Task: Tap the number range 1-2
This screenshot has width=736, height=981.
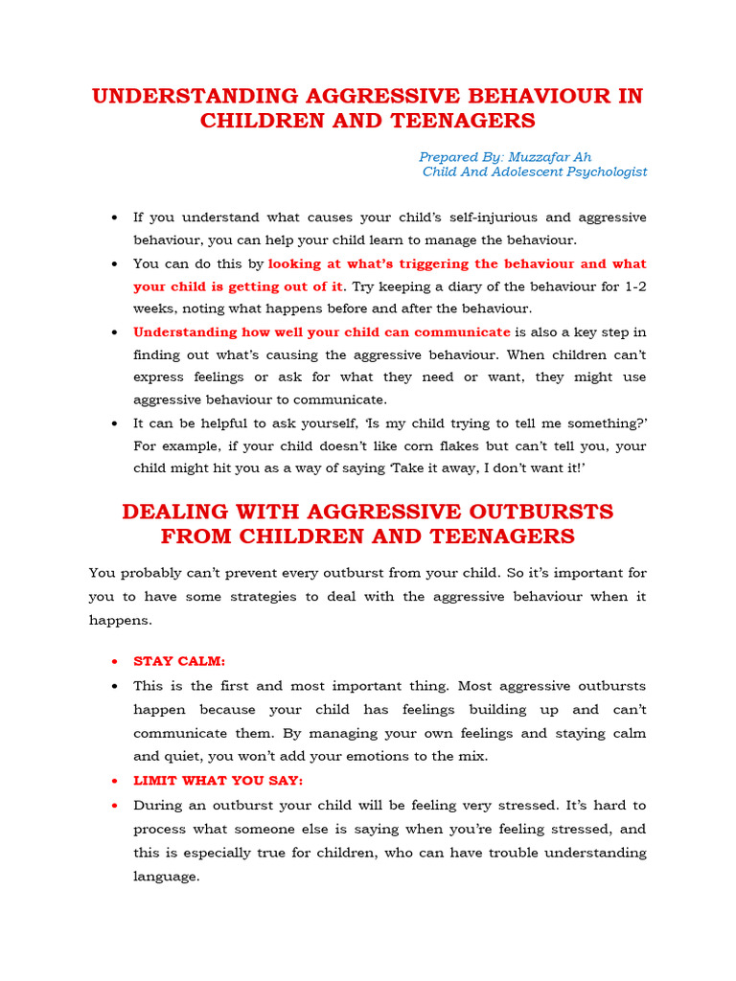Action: (x=632, y=286)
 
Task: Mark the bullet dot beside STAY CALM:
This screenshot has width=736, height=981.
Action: (x=114, y=662)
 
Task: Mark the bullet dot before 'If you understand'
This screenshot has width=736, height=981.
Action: (x=114, y=218)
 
